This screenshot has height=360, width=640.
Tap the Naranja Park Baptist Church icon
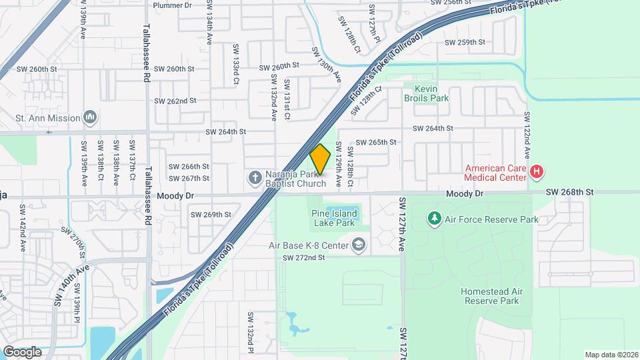pos(254,177)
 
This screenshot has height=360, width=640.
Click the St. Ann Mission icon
pos(90,118)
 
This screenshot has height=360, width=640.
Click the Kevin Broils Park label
pos(426,93)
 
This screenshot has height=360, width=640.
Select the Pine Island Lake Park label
pos(333,218)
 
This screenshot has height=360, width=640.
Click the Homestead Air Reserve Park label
pos(489,296)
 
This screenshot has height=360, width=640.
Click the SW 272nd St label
pos(303,258)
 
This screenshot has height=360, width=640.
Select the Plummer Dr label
pos(172,5)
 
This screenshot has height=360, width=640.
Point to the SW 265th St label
pos(376,142)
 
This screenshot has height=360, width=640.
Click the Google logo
pos(22,352)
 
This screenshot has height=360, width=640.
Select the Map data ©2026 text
pos(611,355)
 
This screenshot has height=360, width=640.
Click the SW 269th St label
pos(211,215)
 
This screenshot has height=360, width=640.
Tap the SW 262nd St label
pos(175,101)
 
